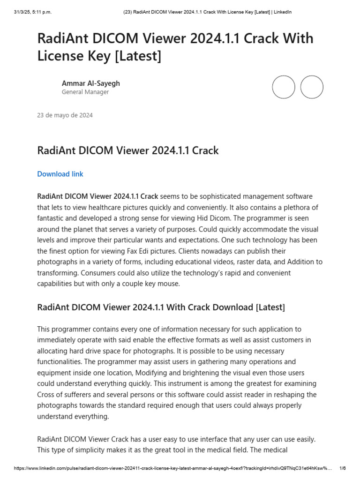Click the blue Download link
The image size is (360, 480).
[60, 174]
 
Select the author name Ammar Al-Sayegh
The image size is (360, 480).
[90, 83]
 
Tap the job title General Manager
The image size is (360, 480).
[85, 92]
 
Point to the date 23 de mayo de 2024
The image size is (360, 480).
[65, 115]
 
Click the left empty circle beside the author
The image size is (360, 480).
[284, 87]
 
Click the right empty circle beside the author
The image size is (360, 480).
[312, 87]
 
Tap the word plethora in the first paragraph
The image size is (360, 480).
[289, 207]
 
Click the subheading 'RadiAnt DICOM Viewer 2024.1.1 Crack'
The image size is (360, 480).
[127, 150]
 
